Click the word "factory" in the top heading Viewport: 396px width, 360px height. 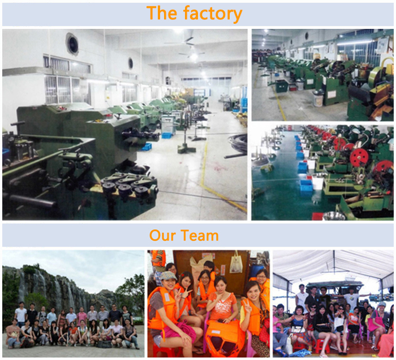pyautogui.click(x=213, y=14)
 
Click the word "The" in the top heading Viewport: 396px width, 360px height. pyautogui.click(x=162, y=12)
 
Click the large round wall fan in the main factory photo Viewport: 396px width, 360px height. pyautogui.click(x=72, y=44)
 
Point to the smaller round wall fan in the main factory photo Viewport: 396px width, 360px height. pyautogui.click(x=130, y=63)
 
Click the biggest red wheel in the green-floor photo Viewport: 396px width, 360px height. pyautogui.click(x=359, y=157)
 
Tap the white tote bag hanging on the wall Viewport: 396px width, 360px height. pyautogui.click(x=236, y=263)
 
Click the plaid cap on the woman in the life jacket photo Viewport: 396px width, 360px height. pyautogui.click(x=168, y=276)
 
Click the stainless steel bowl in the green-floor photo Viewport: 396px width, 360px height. pyautogui.click(x=334, y=216)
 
